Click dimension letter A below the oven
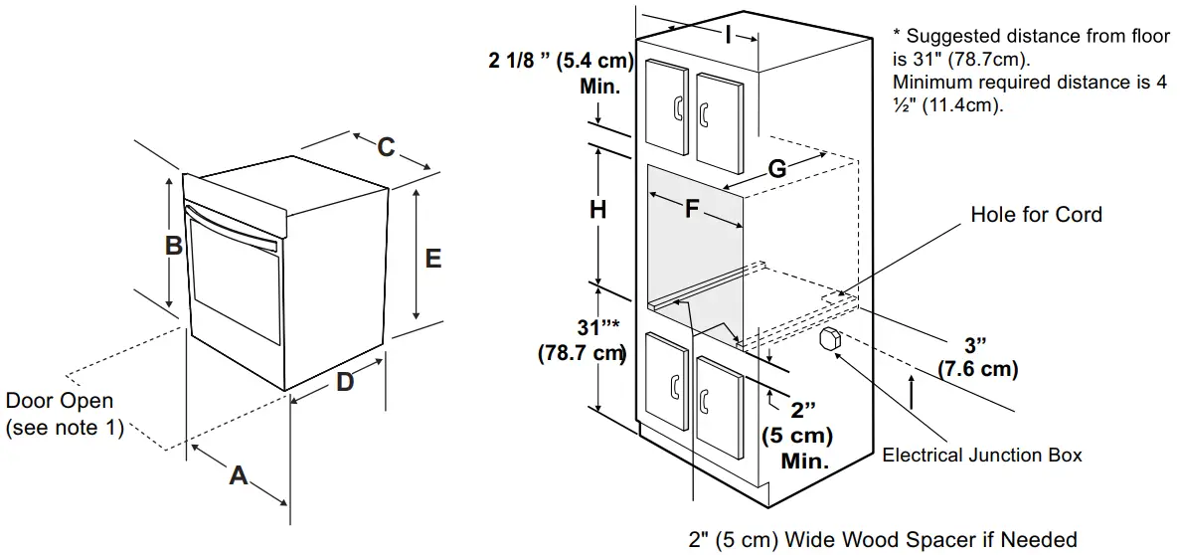click(x=239, y=475)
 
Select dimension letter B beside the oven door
click(x=173, y=245)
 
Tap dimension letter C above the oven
click(x=386, y=147)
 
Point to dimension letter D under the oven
click(x=344, y=381)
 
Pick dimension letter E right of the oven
click(x=432, y=258)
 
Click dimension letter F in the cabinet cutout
click(x=693, y=209)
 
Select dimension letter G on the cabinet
click(x=777, y=170)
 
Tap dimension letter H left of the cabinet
click(x=597, y=210)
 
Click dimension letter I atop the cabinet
click(x=728, y=36)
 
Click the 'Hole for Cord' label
click(x=1036, y=215)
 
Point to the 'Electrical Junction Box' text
click(x=982, y=456)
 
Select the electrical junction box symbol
click(x=830, y=338)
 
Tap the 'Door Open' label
click(x=60, y=402)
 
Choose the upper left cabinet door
click(x=667, y=104)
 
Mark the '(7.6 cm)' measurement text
click(x=978, y=369)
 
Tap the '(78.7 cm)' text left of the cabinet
click(x=582, y=352)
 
